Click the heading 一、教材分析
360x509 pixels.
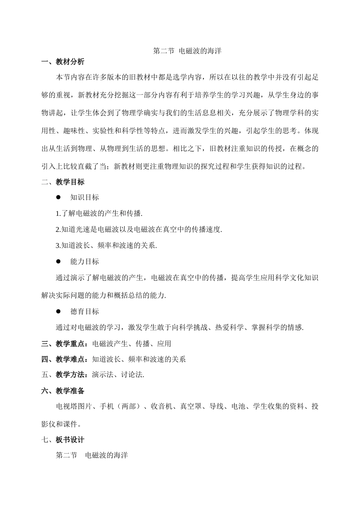point(63,62)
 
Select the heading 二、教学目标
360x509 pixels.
point(63,182)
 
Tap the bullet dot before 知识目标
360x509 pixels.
point(58,197)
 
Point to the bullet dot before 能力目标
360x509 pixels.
point(58,261)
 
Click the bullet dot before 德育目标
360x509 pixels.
point(58,311)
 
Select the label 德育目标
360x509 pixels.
point(85,311)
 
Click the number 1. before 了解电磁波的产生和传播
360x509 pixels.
point(58,214)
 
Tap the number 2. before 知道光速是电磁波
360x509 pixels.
point(58,229)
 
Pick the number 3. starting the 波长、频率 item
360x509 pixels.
point(58,245)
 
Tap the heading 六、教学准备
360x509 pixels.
point(63,391)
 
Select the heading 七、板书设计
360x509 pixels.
point(63,440)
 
